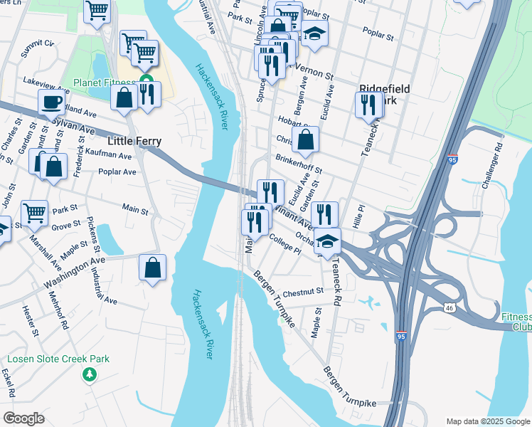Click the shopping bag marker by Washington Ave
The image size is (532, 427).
click(152, 268)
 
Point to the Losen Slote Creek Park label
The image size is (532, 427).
click(58, 359)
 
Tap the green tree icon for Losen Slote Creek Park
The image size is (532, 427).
click(90, 374)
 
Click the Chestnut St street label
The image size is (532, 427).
click(303, 292)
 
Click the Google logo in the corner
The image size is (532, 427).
click(24, 418)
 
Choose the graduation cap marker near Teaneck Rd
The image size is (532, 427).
click(327, 241)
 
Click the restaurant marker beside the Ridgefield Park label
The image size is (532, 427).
click(368, 105)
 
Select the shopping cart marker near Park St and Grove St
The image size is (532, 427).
click(34, 213)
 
